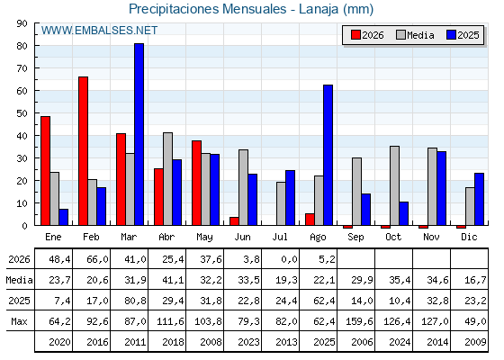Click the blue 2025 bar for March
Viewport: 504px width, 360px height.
click(139, 134)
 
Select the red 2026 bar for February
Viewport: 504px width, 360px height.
click(83, 151)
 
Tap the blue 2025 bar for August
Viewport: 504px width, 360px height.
click(328, 155)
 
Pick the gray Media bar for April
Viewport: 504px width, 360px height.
click(167, 179)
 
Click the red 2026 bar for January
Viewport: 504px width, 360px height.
click(45, 171)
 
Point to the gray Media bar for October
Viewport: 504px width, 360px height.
click(394, 185)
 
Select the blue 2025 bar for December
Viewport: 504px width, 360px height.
click(479, 199)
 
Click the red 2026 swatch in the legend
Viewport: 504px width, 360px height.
click(355, 35)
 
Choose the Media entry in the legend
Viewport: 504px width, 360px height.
click(415, 35)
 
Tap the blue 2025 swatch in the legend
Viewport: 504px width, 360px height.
click(451, 35)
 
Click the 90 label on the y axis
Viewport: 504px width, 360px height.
click(22, 23)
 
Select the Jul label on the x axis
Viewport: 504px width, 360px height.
click(280, 237)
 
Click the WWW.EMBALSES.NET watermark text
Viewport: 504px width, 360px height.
click(99, 31)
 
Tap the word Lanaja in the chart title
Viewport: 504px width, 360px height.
click(319, 9)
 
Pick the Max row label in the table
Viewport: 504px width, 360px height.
click(19, 321)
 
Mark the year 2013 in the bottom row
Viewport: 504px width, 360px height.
click(286, 342)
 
